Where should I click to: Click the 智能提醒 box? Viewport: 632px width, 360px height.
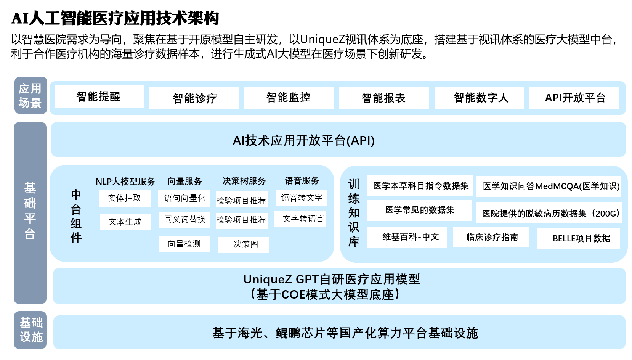(99, 97)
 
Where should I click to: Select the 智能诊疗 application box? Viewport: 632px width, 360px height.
(194, 98)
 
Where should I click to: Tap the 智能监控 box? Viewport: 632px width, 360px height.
(289, 98)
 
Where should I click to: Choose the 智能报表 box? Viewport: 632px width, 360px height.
(383, 98)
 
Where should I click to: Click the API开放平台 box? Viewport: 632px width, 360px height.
(574, 98)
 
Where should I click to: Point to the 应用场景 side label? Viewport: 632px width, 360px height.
(30, 95)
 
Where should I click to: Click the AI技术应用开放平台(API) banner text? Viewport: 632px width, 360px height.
(303, 140)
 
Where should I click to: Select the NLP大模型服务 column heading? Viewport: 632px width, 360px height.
(125, 182)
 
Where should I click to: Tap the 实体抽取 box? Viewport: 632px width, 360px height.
(125, 198)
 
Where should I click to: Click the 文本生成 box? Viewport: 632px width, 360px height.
(125, 222)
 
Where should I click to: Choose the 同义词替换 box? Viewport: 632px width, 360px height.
(184, 220)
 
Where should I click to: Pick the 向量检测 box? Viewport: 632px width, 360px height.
(184, 244)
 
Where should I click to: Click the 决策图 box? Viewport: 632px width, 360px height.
(243, 244)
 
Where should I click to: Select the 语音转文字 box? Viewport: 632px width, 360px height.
(302, 198)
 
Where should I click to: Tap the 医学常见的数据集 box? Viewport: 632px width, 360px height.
(419, 210)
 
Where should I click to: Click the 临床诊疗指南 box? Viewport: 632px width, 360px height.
(491, 237)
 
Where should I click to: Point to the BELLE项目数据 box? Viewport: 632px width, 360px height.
(578, 238)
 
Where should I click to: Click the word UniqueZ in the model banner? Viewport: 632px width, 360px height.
(268, 280)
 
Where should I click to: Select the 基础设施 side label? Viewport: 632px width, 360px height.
(30, 330)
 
